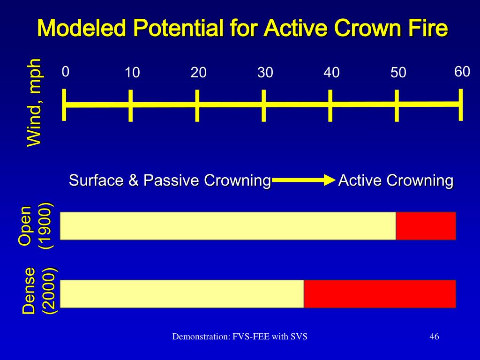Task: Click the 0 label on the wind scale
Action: pos(66,72)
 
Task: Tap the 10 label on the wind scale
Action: pos(132,73)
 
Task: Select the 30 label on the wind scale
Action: pos(265,73)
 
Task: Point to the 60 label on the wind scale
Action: pos(462,72)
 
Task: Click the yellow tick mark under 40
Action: pos(330,105)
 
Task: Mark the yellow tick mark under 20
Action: pos(197,105)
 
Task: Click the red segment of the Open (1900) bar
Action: pos(426,225)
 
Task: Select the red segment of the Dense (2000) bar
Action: pos(380,293)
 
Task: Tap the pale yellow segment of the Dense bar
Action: pos(182,293)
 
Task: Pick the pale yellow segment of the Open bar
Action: pos(228,225)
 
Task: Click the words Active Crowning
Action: pos(396,180)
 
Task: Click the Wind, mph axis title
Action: pos(34,102)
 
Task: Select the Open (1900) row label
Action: pos(35,225)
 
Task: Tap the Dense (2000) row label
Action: pos(39,291)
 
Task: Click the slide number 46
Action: pos(434,337)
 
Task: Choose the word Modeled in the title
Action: pos(82,29)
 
